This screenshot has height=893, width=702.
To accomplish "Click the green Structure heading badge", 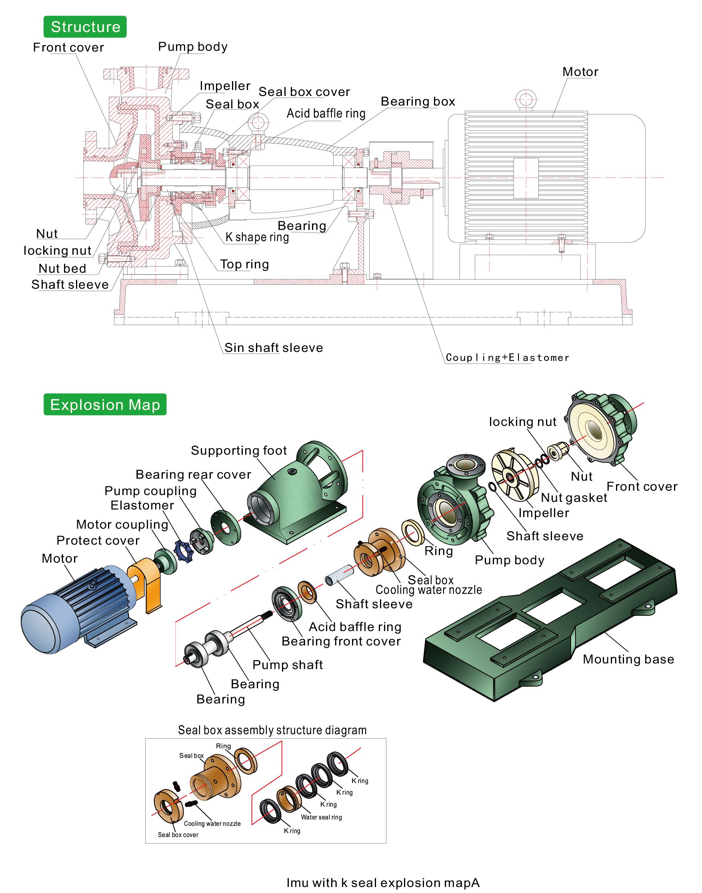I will coord(85,27).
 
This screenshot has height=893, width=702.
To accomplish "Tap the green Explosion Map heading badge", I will coord(105,405).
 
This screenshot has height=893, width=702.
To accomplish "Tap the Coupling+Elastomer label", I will coord(507,358).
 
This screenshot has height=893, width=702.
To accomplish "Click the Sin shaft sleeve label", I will coord(273,348).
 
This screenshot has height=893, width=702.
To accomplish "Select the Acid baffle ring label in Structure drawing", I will coord(326,114).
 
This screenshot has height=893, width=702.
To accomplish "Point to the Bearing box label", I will coord(418,102).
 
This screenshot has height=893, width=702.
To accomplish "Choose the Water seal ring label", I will coord(321,817).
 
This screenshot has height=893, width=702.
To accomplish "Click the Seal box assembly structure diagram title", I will coord(272,730).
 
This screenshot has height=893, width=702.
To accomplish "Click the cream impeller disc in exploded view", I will coord(514,477).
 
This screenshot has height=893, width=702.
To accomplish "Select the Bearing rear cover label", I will coord(193,475).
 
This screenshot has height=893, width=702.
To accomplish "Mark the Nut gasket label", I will coord(574,497).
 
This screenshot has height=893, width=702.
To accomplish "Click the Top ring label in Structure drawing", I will coord(244,264).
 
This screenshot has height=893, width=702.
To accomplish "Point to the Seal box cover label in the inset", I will coord(178,835).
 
